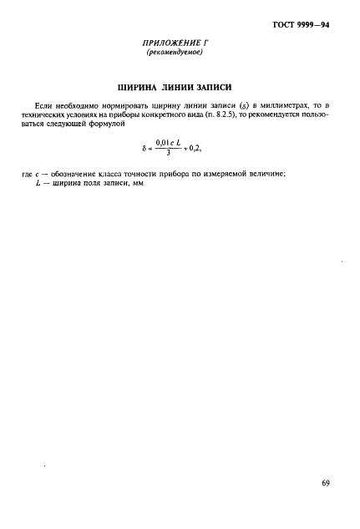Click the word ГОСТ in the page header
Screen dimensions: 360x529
(x=283, y=25)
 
